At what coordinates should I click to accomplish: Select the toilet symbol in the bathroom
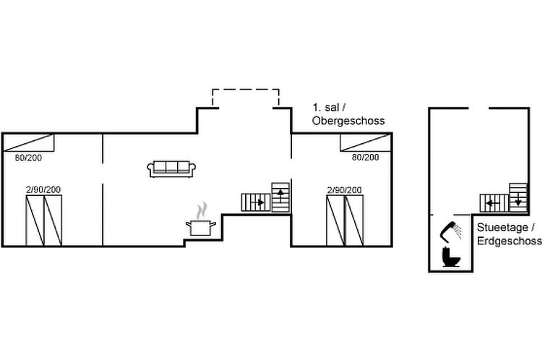pyautogui.click(x=451, y=257)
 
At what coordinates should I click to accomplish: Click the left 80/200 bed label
pyautogui.click(x=28, y=156)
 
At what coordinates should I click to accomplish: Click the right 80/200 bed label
pyautogui.click(x=365, y=156)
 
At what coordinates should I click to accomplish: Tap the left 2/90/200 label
pyautogui.click(x=43, y=189)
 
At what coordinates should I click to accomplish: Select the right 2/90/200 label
pyautogui.click(x=345, y=189)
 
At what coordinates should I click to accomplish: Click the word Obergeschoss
pyautogui.click(x=348, y=121)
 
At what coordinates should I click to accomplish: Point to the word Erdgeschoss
pyautogui.click(x=509, y=240)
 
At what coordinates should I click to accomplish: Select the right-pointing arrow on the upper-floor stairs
pyautogui.click(x=259, y=202)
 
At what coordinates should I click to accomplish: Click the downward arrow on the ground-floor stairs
pyautogui.click(x=519, y=201)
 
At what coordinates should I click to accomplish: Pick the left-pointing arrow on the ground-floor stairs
pyautogui.click(x=492, y=202)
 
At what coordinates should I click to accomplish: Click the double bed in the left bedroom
pyautogui.click(x=43, y=220)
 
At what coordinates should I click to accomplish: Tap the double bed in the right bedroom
pyautogui.click(x=345, y=220)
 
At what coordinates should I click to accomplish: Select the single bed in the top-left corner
pyautogui.click(x=28, y=142)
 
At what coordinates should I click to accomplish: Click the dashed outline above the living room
pyautogui.click(x=245, y=90)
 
